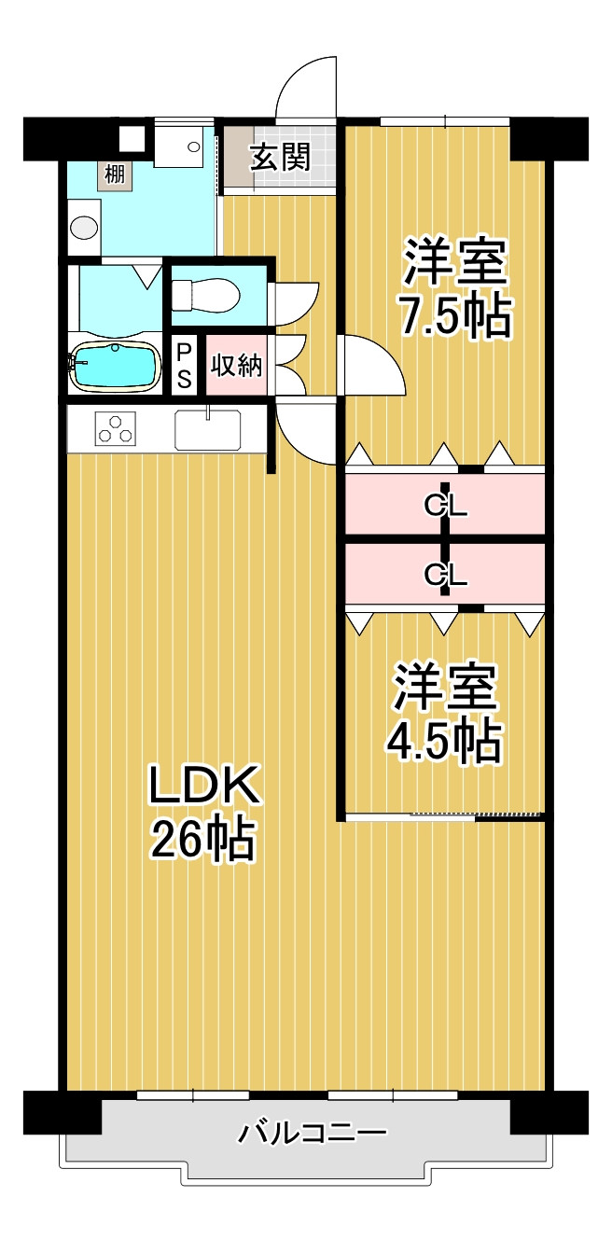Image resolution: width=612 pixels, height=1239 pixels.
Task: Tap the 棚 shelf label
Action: (115, 175)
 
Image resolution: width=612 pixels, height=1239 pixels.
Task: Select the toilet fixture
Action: (205, 295)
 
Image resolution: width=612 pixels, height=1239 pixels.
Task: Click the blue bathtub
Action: (115, 366)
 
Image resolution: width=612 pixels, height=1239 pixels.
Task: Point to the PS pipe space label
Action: (184, 366)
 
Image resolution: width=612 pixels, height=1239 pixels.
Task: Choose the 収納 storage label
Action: (237, 365)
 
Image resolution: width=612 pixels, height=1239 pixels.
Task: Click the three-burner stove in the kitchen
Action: (115, 429)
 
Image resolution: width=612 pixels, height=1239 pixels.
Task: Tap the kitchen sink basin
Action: (208, 430)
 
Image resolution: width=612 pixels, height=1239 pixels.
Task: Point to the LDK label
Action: (203, 785)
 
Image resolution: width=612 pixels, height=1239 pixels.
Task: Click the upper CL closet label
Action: (446, 505)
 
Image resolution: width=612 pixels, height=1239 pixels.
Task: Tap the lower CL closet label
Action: (446, 574)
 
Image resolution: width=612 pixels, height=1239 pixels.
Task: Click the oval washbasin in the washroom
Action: (85, 228)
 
